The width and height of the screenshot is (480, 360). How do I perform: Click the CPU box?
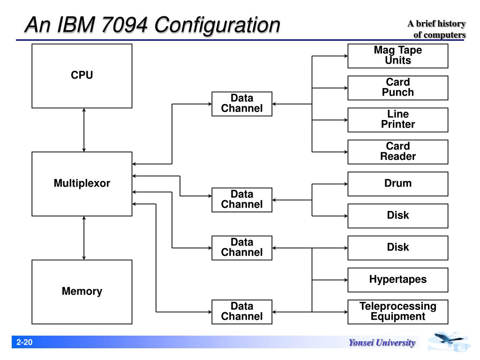pyautogui.click(x=82, y=76)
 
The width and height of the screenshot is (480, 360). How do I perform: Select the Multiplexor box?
pyautogui.click(x=82, y=184)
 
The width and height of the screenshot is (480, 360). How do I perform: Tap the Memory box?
pyautogui.click(x=82, y=292)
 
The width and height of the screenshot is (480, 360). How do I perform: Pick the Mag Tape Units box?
pyautogui.click(x=397, y=56)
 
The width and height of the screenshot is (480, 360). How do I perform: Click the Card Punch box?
pyautogui.click(x=397, y=88)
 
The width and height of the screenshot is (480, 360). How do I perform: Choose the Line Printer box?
pyautogui.click(x=397, y=120)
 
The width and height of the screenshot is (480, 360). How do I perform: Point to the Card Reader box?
pyautogui.click(x=397, y=152)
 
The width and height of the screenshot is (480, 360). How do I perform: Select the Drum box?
pyautogui.click(x=397, y=184)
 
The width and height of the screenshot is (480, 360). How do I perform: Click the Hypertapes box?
pyautogui.click(x=397, y=280)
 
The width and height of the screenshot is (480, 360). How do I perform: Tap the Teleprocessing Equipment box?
pyautogui.click(x=397, y=312)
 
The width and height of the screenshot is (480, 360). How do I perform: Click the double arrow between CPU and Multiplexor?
pyautogui.click(x=84, y=130)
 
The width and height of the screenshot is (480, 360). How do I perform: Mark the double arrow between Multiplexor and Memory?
pyautogui.click(x=84, y=238)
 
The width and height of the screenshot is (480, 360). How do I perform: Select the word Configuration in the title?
pyautogui.click(x=217, y=25)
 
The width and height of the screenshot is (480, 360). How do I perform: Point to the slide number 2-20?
pyautogui.click(x=24, y=342)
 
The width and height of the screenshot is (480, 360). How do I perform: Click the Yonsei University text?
pyautogui.click(x=382, y=343)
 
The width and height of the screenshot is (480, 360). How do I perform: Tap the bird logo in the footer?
pyautogui.click(x=449, y=341)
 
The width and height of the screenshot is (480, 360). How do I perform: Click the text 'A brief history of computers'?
pyautogui.click(x=437, y=29)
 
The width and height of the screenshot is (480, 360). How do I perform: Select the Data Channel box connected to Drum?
pyautogui.click(x=242, y=200)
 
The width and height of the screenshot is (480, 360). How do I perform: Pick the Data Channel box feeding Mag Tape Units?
pyautogui.click(x=242, y=104)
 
